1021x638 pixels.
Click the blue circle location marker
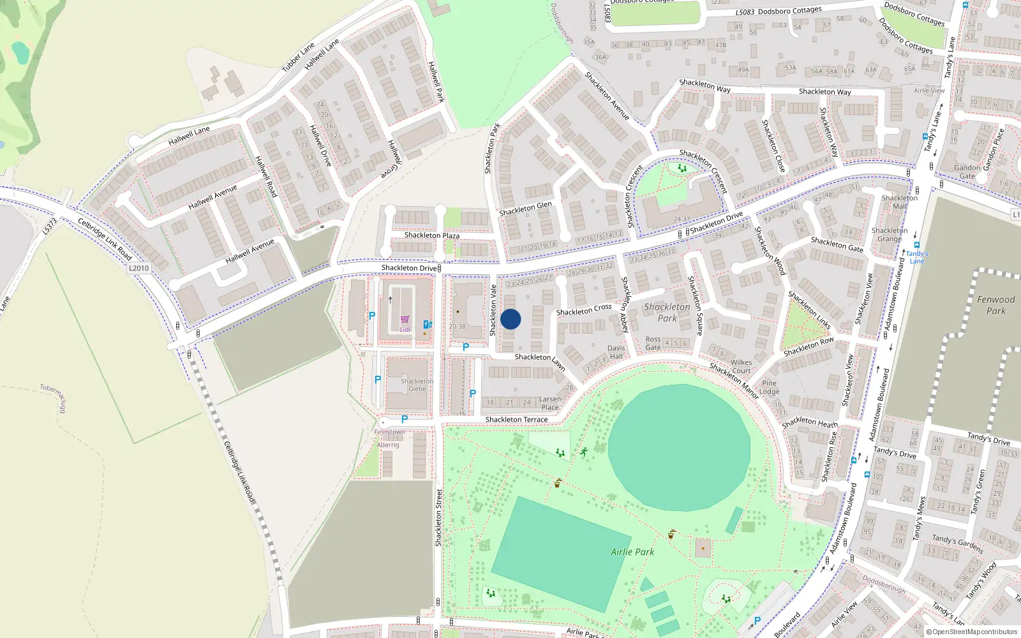tap(511, 319)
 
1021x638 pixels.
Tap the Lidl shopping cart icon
tap(405, 320)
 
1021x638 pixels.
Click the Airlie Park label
tap(632, 552)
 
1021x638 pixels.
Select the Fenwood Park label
tap(995, 305)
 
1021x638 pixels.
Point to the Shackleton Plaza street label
tap(431, 235)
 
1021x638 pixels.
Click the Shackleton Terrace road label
tap(516, 420)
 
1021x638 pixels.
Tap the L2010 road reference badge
tap(138, 268)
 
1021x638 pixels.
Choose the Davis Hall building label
tap(616, 352)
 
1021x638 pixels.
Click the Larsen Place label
tap(550, 403)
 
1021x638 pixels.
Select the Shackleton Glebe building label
tap(417, 385)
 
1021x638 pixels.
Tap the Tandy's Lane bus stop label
tap(917, 257)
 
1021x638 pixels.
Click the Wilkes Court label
tap(741, 366)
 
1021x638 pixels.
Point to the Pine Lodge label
tap(770, 387)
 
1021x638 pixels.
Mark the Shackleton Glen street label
tap(525, 209)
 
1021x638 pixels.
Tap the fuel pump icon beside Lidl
tap(428, 324)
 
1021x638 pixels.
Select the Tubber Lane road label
tap(299, 57)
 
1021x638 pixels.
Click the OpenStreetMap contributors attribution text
tap(972, 632)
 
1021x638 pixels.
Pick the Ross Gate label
tap(653, 343)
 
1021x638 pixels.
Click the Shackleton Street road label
tap(438, 517)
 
